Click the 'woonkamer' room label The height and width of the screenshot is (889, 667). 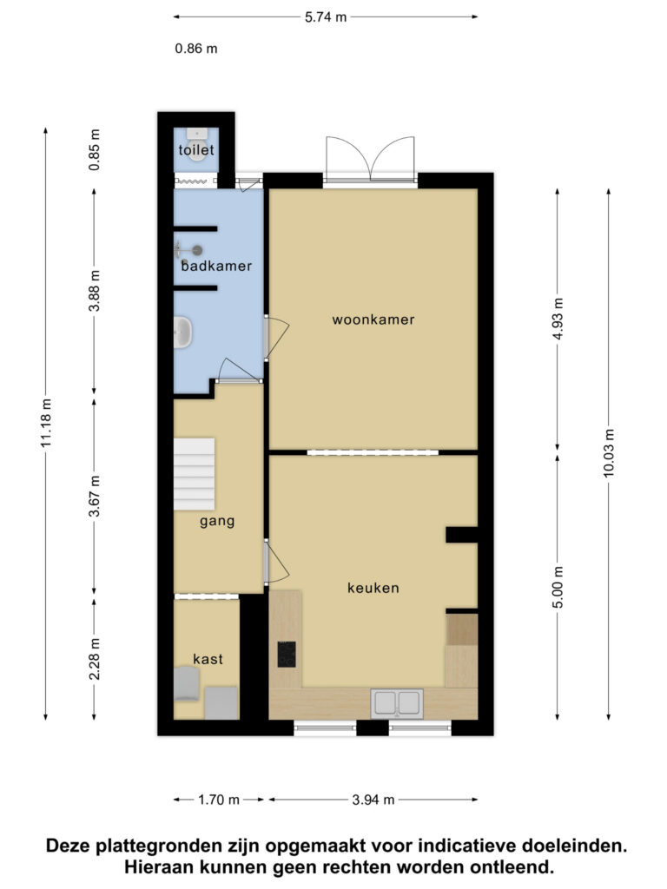coord(373,319)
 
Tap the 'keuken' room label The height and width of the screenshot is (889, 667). coord(373,588)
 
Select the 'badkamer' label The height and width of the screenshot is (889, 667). coord(216,266)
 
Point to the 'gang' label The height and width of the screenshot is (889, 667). coord(217,522)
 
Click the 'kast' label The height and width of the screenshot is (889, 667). coord(208,659)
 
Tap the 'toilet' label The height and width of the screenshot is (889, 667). coord(196,150)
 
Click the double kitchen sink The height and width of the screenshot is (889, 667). coord(397,703)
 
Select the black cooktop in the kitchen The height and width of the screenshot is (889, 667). coord(287,655)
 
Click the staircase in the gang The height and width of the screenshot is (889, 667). coord(194,474)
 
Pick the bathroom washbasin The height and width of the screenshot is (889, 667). coord(183,333)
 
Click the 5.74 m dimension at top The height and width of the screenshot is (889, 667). coord(326,17)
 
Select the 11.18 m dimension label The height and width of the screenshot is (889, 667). coord(46,423)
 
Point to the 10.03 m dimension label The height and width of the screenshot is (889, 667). coord(609,453)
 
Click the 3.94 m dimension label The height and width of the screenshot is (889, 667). coord(373,800)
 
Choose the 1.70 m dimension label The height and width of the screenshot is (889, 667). coord(218,800)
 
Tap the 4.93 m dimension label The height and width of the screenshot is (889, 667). coord(558,319)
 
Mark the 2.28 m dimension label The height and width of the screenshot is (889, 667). coord(94,659)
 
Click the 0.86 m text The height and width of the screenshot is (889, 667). coord(196,49)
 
